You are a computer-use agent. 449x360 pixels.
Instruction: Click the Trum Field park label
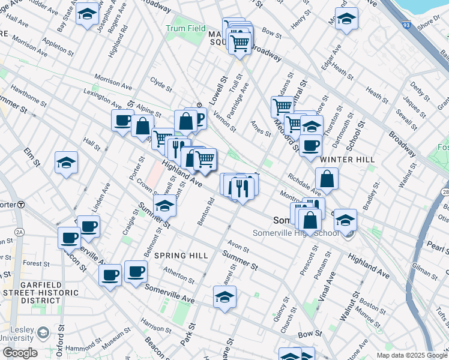click(x=186, y=29)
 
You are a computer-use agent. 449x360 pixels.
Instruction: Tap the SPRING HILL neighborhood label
click(x=182, y=256)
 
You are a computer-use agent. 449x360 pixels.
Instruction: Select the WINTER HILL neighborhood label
click(x=348, y=160)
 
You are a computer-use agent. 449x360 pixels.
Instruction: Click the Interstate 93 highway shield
click(x=407, y=26)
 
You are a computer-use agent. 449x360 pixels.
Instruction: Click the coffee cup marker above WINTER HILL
click(x=310, y=145)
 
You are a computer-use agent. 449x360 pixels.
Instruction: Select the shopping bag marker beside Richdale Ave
click(x=327, y=179)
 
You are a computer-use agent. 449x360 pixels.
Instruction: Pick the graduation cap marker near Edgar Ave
click(x=346, y=19)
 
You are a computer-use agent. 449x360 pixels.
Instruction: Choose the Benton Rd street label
click(x=206, y=211)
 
